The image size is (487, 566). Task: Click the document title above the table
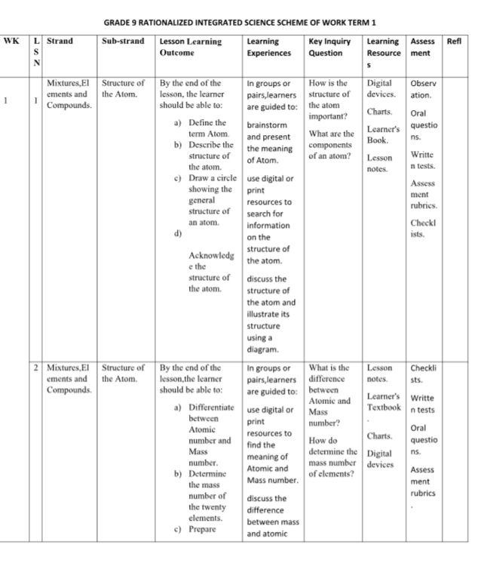click(239, 22)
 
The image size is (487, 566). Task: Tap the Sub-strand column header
click(122, 42)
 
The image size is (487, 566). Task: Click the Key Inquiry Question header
click(329, 47)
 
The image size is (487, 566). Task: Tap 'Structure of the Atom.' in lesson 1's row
click(123, 89)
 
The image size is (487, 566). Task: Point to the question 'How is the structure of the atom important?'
click(329, 100)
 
